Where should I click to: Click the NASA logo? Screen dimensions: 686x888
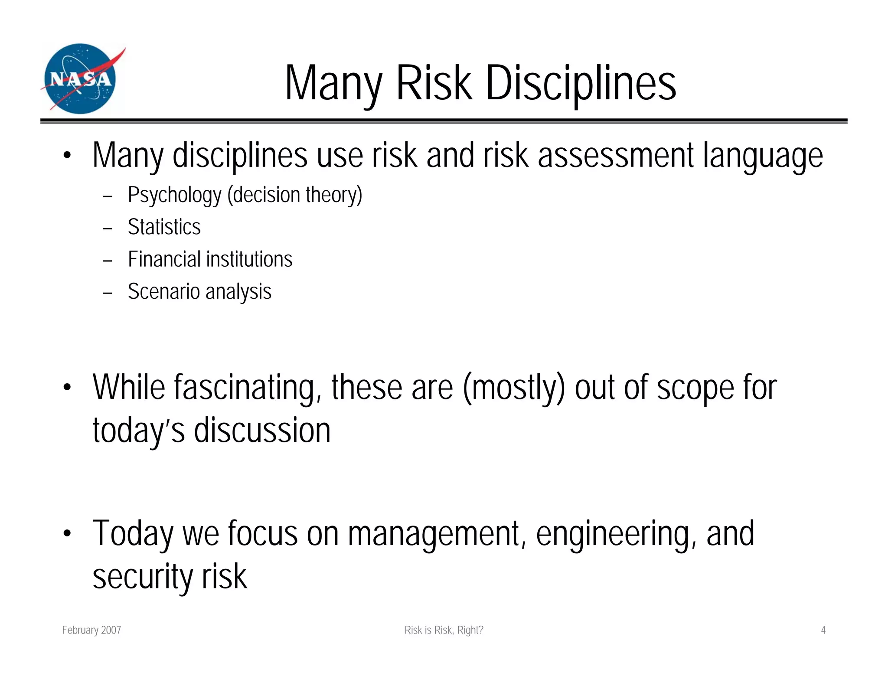point(82,79)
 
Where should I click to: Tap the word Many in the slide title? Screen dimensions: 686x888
point(333,83)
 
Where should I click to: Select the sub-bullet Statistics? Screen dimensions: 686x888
point(164,227)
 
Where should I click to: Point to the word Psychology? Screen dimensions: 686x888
point(174,195)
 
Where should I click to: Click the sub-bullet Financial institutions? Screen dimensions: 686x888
point(210,259)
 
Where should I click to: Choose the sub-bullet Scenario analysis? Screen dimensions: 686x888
point(199,291)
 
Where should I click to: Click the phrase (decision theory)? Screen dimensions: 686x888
point(295,195)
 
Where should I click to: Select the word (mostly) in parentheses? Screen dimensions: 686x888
point(514,388)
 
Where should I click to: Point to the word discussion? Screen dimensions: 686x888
point(262,430)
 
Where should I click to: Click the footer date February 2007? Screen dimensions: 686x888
point(91,630)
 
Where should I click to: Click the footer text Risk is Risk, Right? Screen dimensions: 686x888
point(444,630)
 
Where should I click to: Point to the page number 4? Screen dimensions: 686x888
point(823,630)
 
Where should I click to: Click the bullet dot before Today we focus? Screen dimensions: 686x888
point(66,533)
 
